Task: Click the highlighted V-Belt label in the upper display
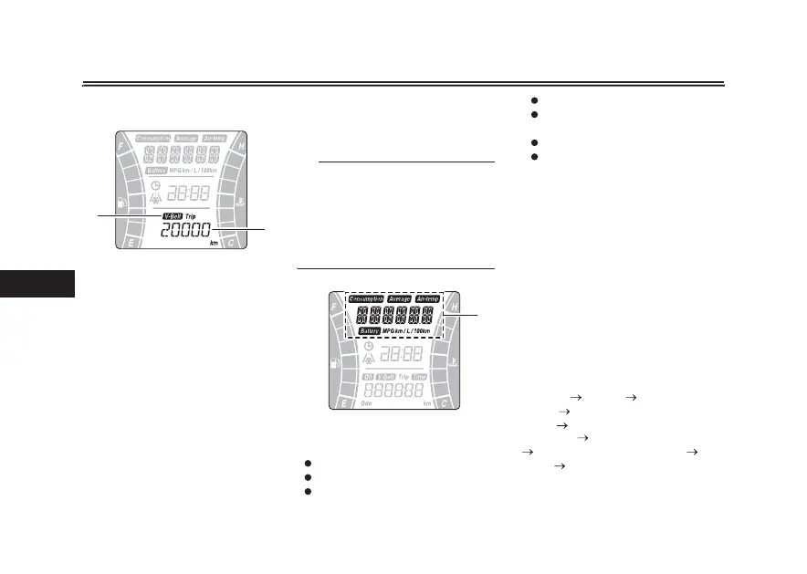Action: click(172, 216)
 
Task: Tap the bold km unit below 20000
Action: click(214, 244)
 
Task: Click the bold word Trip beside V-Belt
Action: click(191, 216)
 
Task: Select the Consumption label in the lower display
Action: click(364, 298)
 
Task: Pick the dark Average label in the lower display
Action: click(399, 298)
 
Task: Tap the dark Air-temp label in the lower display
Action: click(427, 298)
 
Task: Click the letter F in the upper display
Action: click(121, 145)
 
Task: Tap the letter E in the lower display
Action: click(342, 402)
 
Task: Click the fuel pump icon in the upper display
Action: click(122, 203)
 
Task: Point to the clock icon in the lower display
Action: click(369, 347)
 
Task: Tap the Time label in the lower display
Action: click(419, 376)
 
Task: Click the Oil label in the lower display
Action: click(369, 376)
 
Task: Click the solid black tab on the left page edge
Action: click(37, 282)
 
